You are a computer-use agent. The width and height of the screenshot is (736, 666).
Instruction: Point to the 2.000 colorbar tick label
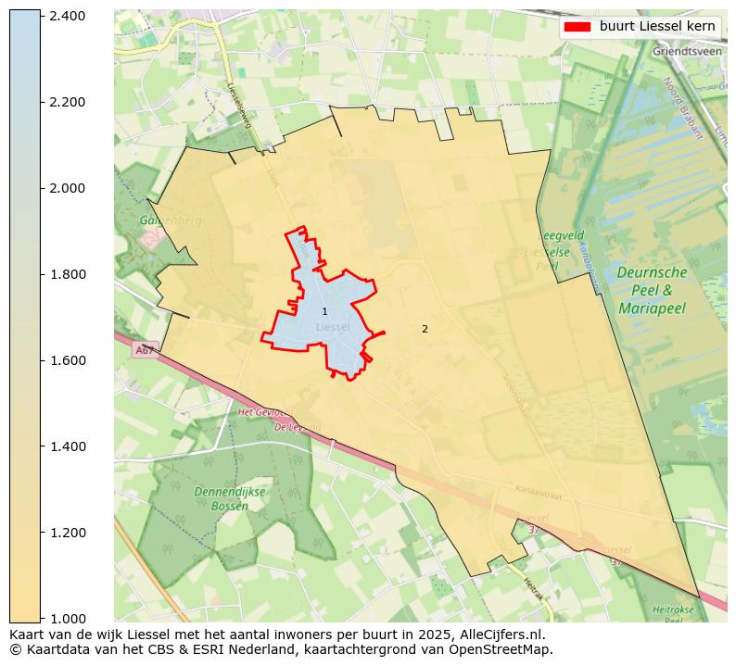pos(68,188)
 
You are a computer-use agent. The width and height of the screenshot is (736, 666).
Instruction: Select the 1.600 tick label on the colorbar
pos(68,360)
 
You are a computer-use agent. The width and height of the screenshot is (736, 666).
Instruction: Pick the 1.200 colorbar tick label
pos(68,533)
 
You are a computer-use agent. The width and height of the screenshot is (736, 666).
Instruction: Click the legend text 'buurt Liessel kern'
pos(656,26)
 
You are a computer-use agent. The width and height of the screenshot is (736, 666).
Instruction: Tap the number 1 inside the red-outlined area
pos(324,311)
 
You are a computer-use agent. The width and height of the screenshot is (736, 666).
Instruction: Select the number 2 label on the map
pos(425,329)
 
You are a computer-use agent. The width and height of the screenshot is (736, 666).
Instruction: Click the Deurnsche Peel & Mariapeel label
pos(652,290)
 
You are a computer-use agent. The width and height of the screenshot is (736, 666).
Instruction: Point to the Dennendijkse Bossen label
pos(222,498)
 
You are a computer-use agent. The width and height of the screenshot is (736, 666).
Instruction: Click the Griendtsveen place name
pos(687,52)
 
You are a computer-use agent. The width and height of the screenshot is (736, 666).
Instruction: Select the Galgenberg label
pos(170,220)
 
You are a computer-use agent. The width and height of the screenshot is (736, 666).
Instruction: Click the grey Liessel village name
pos(333,327)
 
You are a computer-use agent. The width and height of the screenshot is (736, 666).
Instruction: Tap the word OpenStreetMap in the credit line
pos(507,649)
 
